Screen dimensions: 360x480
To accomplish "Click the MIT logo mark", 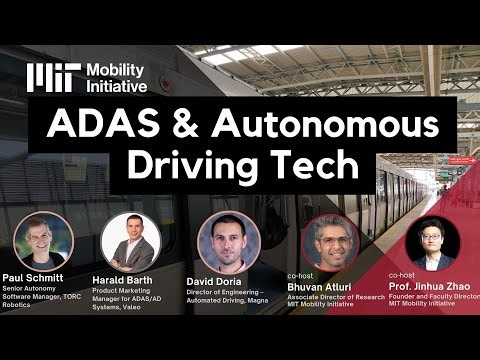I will (x=52, y=77).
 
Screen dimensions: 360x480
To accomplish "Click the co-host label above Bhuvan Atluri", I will (x=299, y=274).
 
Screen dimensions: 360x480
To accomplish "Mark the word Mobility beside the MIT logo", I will (x=116, y=70).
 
